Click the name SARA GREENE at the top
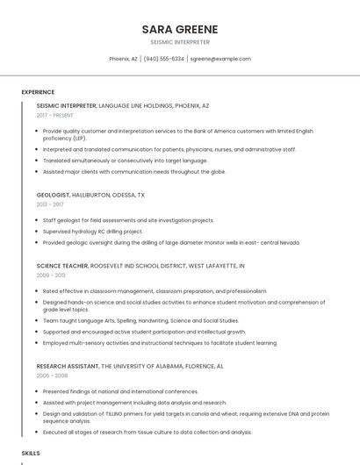point(180,29)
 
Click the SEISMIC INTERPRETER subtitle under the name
point(180,42)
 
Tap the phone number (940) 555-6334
point(164,59)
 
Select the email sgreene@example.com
point(220,59)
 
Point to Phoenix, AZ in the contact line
point(123,59)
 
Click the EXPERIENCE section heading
point(38,91)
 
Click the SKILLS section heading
point(31,452)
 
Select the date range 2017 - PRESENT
point(55,115)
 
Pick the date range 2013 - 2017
point(50,204)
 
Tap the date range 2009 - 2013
point(50,275)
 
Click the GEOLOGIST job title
point(53,195)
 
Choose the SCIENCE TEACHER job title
point(62,265)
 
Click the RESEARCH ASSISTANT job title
point(68,365)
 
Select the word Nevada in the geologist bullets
point(290,242)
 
